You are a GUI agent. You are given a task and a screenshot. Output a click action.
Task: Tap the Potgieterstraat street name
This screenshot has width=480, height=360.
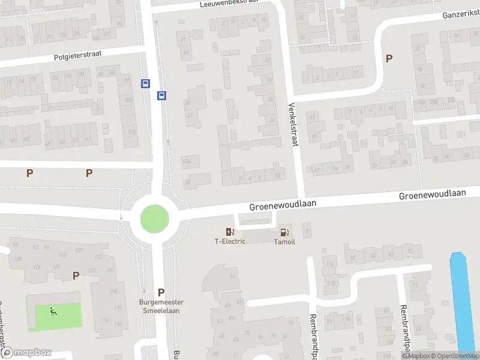click(77, 55)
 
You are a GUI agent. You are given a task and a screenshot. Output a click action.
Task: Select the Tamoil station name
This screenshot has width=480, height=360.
click(284, 242)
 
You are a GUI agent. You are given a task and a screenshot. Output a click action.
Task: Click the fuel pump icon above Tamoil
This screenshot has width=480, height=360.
click(284, 232)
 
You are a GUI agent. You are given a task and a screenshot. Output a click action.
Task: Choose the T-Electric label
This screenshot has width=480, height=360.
click(230, 242)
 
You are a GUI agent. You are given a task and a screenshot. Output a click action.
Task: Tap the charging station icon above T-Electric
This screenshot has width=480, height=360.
click(230, 232)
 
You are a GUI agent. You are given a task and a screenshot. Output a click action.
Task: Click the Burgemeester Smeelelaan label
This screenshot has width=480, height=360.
click(161, 307)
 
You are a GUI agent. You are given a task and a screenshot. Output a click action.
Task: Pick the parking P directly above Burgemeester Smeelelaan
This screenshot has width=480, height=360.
click(161, 292)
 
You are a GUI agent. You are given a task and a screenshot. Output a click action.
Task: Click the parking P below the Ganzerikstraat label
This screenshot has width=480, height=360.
click(389, 58)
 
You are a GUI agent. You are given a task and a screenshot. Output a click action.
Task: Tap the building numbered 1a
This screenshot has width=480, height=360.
click(232, 277)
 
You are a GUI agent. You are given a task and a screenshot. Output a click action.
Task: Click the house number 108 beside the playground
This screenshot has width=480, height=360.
click(113, 291)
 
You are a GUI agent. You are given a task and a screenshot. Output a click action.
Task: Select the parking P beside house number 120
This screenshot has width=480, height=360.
click(76, 275)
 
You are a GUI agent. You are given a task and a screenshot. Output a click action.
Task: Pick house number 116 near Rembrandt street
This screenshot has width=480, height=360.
click(331, 283)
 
